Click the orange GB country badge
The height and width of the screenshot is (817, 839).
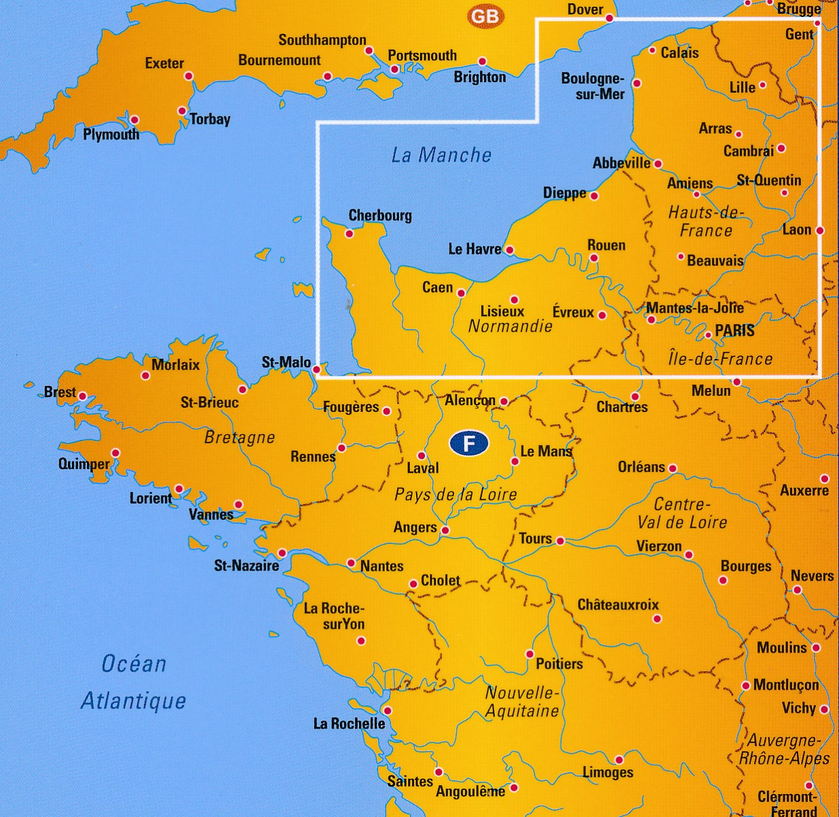pyautogui.click(x=485, y=16)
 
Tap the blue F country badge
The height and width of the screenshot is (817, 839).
pyautogui.click(x=468, y=443)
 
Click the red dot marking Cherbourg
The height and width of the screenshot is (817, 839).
pyautogui.click(x=349, y=234)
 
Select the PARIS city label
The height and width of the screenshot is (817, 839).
pyautogui.click(x=735, y=330)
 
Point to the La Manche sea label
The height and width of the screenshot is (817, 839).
pyautogui.click(x=441, y=155)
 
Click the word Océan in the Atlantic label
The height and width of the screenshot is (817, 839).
pyautogui.click(x=134, y=663)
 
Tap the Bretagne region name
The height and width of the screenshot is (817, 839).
pyautogui.click(x=239, y=437)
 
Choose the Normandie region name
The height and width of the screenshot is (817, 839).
pyautogui.click(x=511, y=326)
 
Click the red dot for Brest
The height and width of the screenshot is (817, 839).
pyautogui.click(x=82, y=396)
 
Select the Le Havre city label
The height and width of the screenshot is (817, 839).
pyautogui.click(x=475, y=249)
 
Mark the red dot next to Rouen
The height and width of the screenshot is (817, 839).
pyautogui.click(x=594, y=258)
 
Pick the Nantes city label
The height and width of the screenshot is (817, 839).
pyautogui.click(x=381, y=566)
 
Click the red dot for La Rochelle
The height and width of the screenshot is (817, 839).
pyautogui.click(x=388, y=710)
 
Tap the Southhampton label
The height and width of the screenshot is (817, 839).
pyautogui.click(x=322, y=40)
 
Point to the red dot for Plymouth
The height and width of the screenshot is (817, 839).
pyautogui.click(x=135, y=120)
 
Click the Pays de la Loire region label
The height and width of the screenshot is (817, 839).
pyautogui.click(x=456, y=495)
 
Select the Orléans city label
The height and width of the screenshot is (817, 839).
pyautogui.click(x=641, y=467)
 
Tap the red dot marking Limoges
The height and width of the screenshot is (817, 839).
pyautogui.click(x=619, y=760)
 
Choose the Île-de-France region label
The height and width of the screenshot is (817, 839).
pyautogui.click(x=721, y=358)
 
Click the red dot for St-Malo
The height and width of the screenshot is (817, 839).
pyautogui.click(x=317, y=370)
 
